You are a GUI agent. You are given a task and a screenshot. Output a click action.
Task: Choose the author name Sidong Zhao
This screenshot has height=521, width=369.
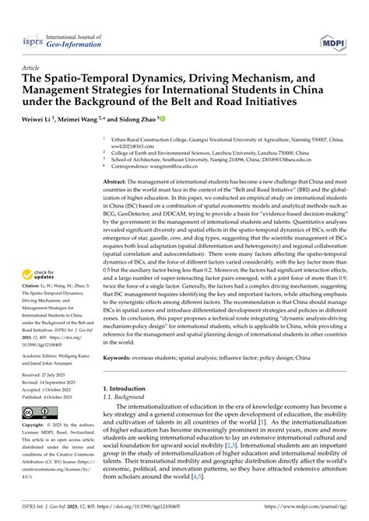[137, 119]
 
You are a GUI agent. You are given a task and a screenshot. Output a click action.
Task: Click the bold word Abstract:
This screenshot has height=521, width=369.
[119, 180]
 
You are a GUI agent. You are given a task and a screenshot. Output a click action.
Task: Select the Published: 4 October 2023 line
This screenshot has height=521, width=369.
[51, 397]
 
